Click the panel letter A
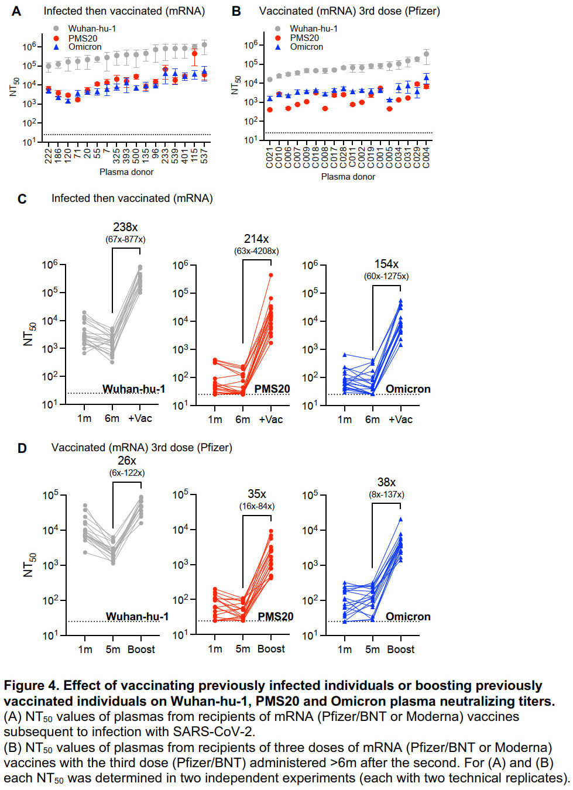16,11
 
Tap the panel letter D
22,448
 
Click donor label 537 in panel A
204,155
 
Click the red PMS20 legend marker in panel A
56,38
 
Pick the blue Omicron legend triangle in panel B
277,47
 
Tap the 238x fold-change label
125,226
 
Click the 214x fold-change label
256,239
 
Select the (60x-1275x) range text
386,276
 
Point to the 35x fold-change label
256,494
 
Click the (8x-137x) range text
386,494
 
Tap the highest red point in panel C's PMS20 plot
271,275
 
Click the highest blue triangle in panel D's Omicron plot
400,519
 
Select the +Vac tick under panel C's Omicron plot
400,420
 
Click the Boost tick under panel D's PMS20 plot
271,649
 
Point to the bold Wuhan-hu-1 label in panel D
138,616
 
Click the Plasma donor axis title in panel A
126,172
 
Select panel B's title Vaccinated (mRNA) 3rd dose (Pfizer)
349,11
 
